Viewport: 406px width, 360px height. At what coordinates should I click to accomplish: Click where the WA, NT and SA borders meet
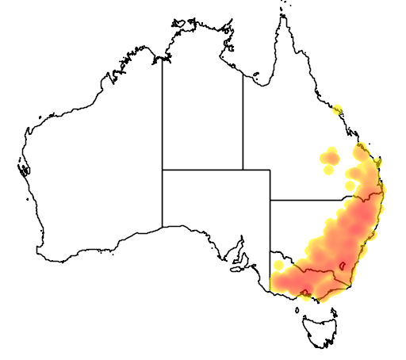click(x=163, y=170)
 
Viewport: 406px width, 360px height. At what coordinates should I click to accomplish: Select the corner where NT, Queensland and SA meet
click(x=243, y=170)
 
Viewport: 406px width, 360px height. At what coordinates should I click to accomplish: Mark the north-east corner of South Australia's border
click(x=270, y=170)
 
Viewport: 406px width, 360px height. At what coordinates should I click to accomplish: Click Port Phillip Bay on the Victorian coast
click(x=306, y=294)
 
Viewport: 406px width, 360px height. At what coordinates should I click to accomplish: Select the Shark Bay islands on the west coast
click(x=21, y=167)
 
